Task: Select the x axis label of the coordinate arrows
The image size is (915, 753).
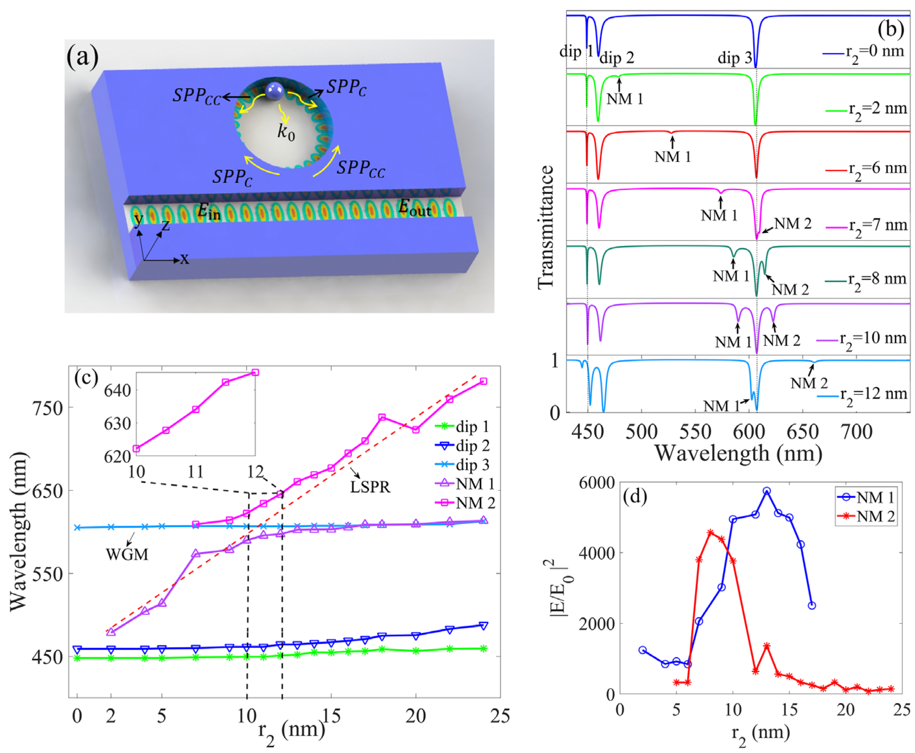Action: click(185, 259)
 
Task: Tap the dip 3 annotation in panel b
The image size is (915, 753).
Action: click(734, 58)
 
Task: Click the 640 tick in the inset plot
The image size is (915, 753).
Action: click(117, 390)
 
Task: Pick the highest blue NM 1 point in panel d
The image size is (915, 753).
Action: click(766, 491)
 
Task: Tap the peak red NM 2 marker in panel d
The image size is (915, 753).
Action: click(710, 532)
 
